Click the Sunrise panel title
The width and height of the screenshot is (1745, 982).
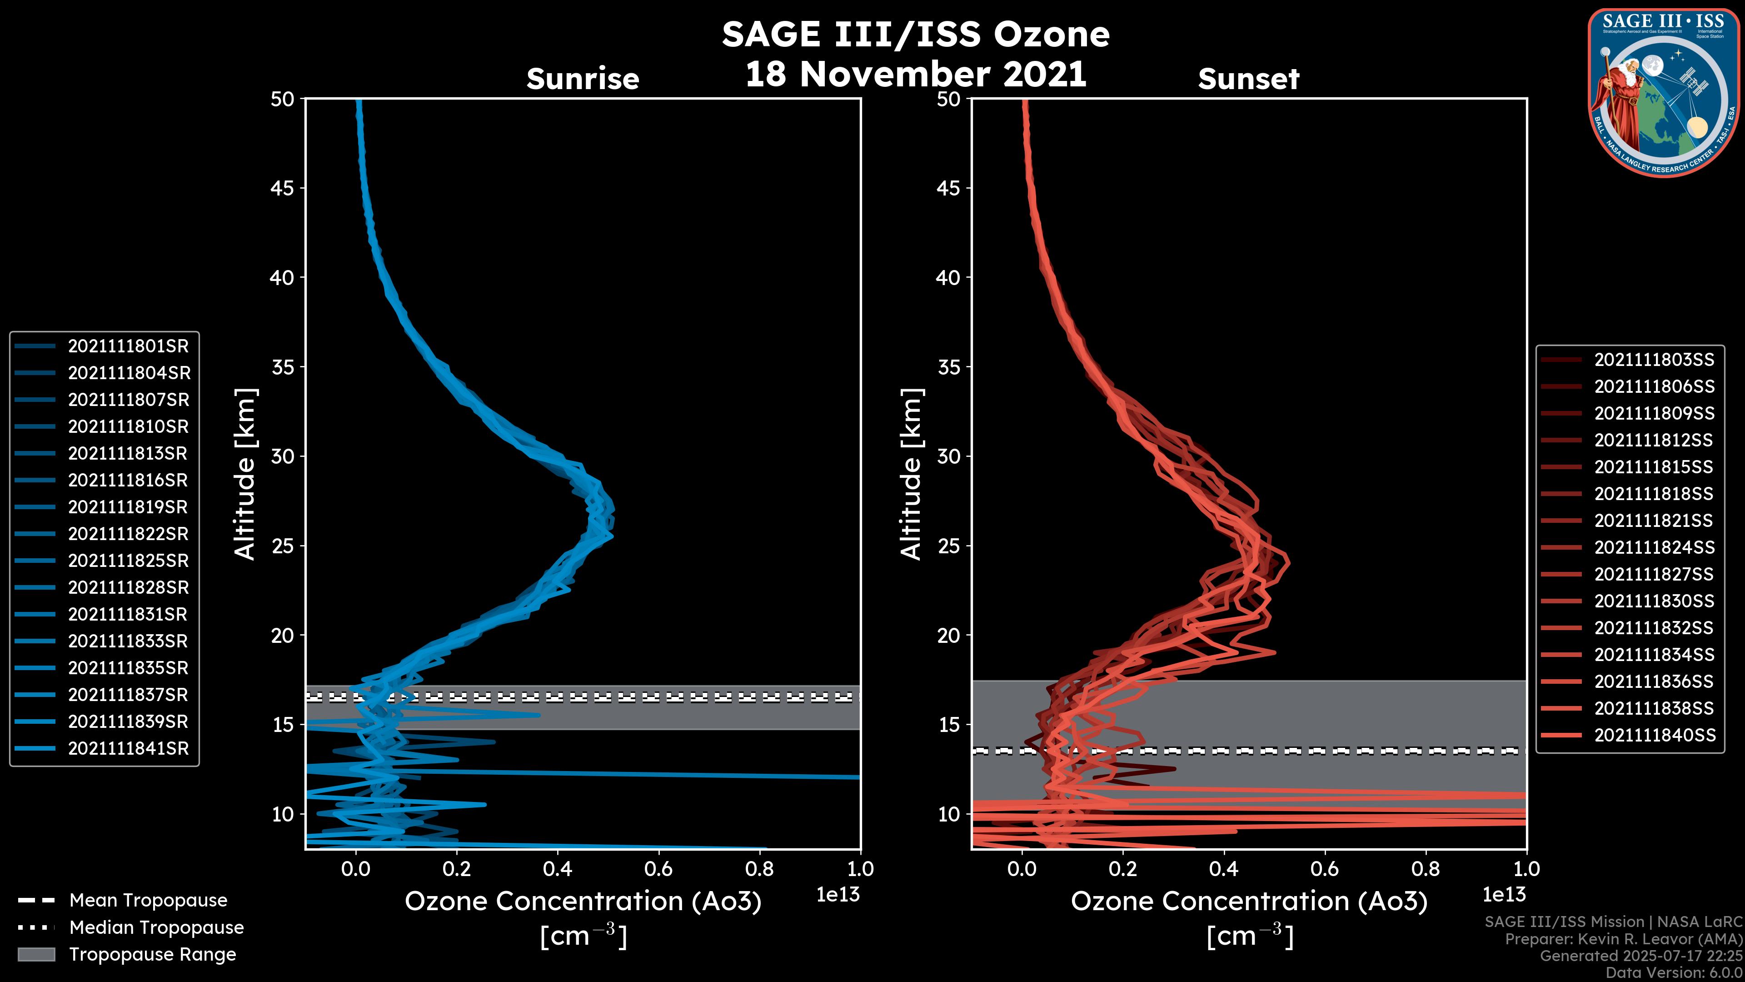[x=583, y=79]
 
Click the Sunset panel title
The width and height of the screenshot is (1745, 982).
[x=1248, y=79]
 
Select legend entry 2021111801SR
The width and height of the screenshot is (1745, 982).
[x=128, y=346]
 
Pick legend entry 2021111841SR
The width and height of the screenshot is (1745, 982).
[x=128, y=749]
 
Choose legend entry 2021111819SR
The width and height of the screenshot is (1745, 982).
[x=128, y=507]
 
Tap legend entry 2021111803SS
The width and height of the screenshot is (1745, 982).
[x=1654, y=360]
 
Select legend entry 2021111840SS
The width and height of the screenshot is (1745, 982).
[x=1654, y=735]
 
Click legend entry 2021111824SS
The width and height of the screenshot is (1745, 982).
[x=1654, y=547]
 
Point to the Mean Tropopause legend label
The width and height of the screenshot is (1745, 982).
[x=148, y=901]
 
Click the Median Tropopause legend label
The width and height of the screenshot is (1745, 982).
[x=156, y=928]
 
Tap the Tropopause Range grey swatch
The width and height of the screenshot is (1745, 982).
[x=36, y=954]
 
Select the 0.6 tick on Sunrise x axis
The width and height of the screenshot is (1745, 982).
[x=658, y=869]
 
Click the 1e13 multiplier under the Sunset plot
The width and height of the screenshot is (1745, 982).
[x=1504, y=895]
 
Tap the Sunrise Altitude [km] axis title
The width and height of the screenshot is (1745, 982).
[x=245, y=474]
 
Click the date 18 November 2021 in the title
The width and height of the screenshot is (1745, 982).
[x=916, y=75]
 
